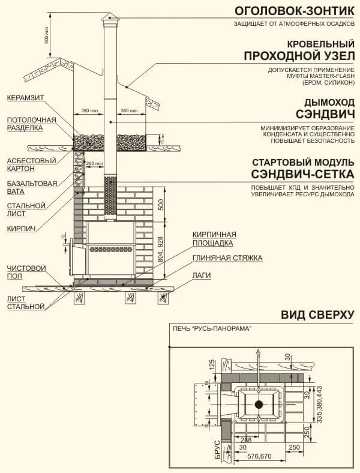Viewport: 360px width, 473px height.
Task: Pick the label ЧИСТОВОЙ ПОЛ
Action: (23, 272)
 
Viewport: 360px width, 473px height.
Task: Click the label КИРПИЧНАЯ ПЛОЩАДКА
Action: (213, 238)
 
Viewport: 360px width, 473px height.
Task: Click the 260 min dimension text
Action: (93, 163)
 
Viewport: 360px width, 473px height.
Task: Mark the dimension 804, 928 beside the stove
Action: (160, 250)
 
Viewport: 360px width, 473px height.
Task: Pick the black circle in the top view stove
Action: (259, 404)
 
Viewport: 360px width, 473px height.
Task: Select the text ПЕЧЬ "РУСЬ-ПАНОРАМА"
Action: (211, 329)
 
